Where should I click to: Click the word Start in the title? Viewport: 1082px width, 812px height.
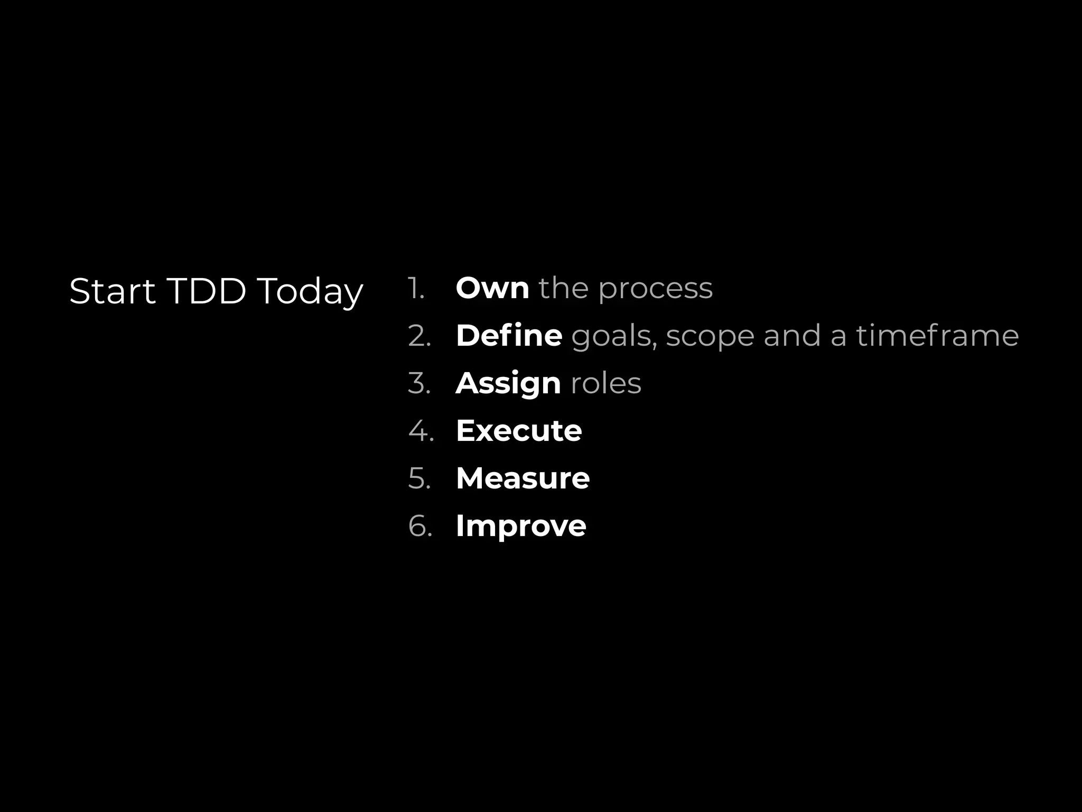(x=112, y=291)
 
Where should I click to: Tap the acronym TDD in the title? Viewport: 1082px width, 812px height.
(x=207, y=291)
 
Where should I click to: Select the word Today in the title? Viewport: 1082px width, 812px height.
(x=310, y=292)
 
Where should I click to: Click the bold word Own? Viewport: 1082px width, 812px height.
(x=492, y=288)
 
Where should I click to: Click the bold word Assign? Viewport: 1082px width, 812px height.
(x=508, y=384)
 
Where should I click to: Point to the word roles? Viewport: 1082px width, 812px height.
(x=605, y=383)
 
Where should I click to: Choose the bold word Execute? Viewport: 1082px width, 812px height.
(x=518, y=430)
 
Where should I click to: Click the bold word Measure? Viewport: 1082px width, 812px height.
(x=523, y=478)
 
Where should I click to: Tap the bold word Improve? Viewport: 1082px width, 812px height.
(x=520, y=527)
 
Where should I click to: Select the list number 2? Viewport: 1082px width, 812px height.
(x=419, y=336)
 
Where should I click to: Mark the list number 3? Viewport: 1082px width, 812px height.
(x=419, y=384)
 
